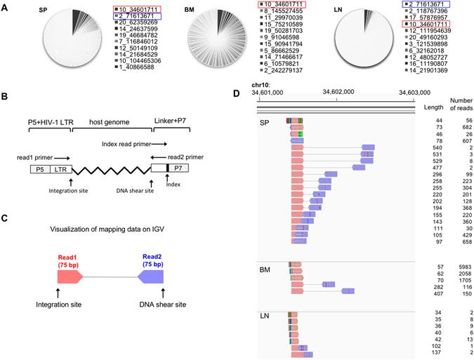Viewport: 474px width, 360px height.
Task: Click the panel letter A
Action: (6, 6)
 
